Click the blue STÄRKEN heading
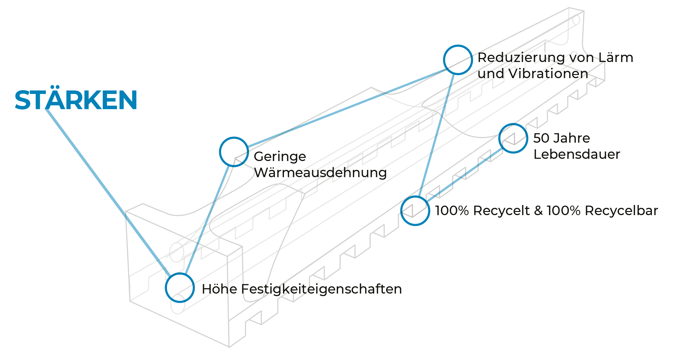(76, 100)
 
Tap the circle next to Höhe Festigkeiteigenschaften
(180, 288)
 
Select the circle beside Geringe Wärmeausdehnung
(234, 152)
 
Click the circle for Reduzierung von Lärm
(458, 60)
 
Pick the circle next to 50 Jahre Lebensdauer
(513, 138)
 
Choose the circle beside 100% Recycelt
(415, 211)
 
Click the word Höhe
(219, 289)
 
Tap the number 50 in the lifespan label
(541, 138)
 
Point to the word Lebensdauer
(577, 154)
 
